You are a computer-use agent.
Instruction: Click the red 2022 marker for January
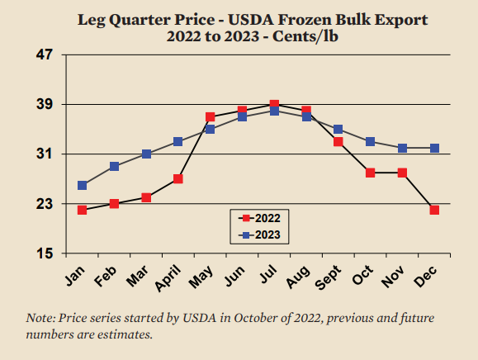tap(82, 210)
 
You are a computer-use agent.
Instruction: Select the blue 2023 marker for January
tap(82, 185)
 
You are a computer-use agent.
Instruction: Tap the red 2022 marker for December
tap(434, 210)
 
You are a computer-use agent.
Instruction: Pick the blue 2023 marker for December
tap(434, 148)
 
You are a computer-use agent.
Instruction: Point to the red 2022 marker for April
tap(178, 179)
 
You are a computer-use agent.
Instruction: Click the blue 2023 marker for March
tap(146, 154)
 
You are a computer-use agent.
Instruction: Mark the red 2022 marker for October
tap(370, 173)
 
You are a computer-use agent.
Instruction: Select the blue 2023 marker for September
tap(338, 130)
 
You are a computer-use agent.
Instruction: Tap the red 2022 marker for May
tap(210, 116)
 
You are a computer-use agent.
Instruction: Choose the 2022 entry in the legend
tap(259, 218)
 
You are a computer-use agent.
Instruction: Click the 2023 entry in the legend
tap(259, 235)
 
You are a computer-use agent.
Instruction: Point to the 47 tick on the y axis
tap(45, 54)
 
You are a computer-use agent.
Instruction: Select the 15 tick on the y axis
tap(45, 253)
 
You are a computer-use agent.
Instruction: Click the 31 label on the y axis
tap(45, 154)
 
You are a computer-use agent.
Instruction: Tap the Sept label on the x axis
tap(328, 277)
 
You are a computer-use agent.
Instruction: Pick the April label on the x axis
tap(168, 277)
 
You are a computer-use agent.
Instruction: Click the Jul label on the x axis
tap(268, 273)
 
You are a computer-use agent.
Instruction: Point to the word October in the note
tap(254, 318)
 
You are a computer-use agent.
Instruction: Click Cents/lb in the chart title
tap(305, 36)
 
